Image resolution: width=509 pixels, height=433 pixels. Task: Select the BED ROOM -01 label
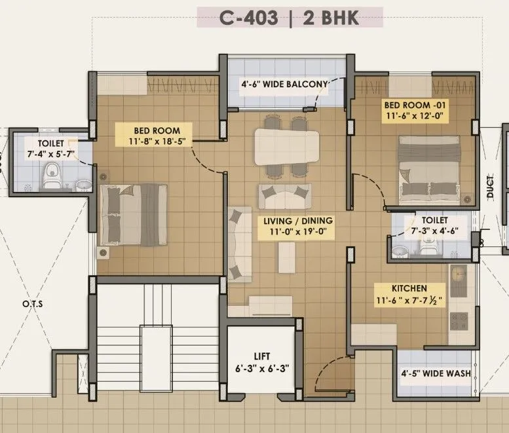coord(415,105)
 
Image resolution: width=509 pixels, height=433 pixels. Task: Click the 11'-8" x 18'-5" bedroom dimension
coord(157,140)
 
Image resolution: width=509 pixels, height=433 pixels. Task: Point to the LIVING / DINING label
coord(298,220)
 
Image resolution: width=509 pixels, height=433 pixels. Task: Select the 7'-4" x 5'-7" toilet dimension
coord(50,154)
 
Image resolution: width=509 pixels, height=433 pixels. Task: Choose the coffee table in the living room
coord(286,256)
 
